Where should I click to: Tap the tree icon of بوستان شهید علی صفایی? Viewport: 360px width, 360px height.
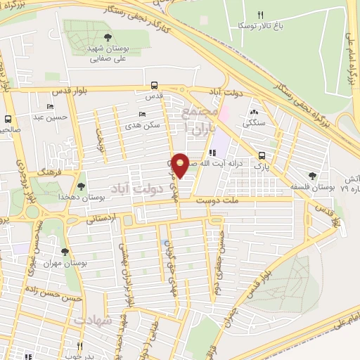coord(107,38)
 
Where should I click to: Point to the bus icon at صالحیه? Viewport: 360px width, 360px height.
coord(8,119)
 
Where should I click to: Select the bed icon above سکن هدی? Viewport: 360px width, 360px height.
coord(143,114)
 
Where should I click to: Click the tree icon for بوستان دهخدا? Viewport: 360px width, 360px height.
coord(82,186)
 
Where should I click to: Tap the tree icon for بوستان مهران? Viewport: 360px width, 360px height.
coord(65,252)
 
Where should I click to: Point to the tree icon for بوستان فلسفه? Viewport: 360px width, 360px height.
coord(312,176)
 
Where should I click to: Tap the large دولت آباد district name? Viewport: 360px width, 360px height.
coord(138,188)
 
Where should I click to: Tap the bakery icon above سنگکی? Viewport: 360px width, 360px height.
coord(254,112)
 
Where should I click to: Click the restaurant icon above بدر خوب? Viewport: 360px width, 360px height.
coord(79,346)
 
